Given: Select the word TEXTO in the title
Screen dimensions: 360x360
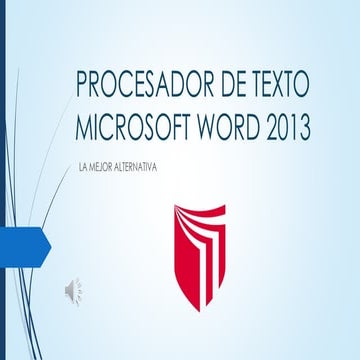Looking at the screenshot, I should (x=274, y=86).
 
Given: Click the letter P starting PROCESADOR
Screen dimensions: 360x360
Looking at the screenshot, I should (x=83, y=86).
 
